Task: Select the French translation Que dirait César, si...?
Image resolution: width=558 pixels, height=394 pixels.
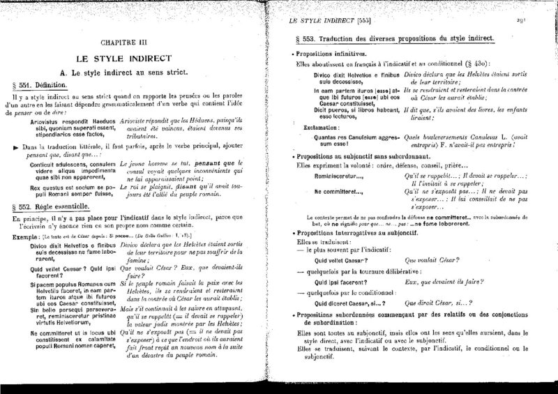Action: tap(438, 303)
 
